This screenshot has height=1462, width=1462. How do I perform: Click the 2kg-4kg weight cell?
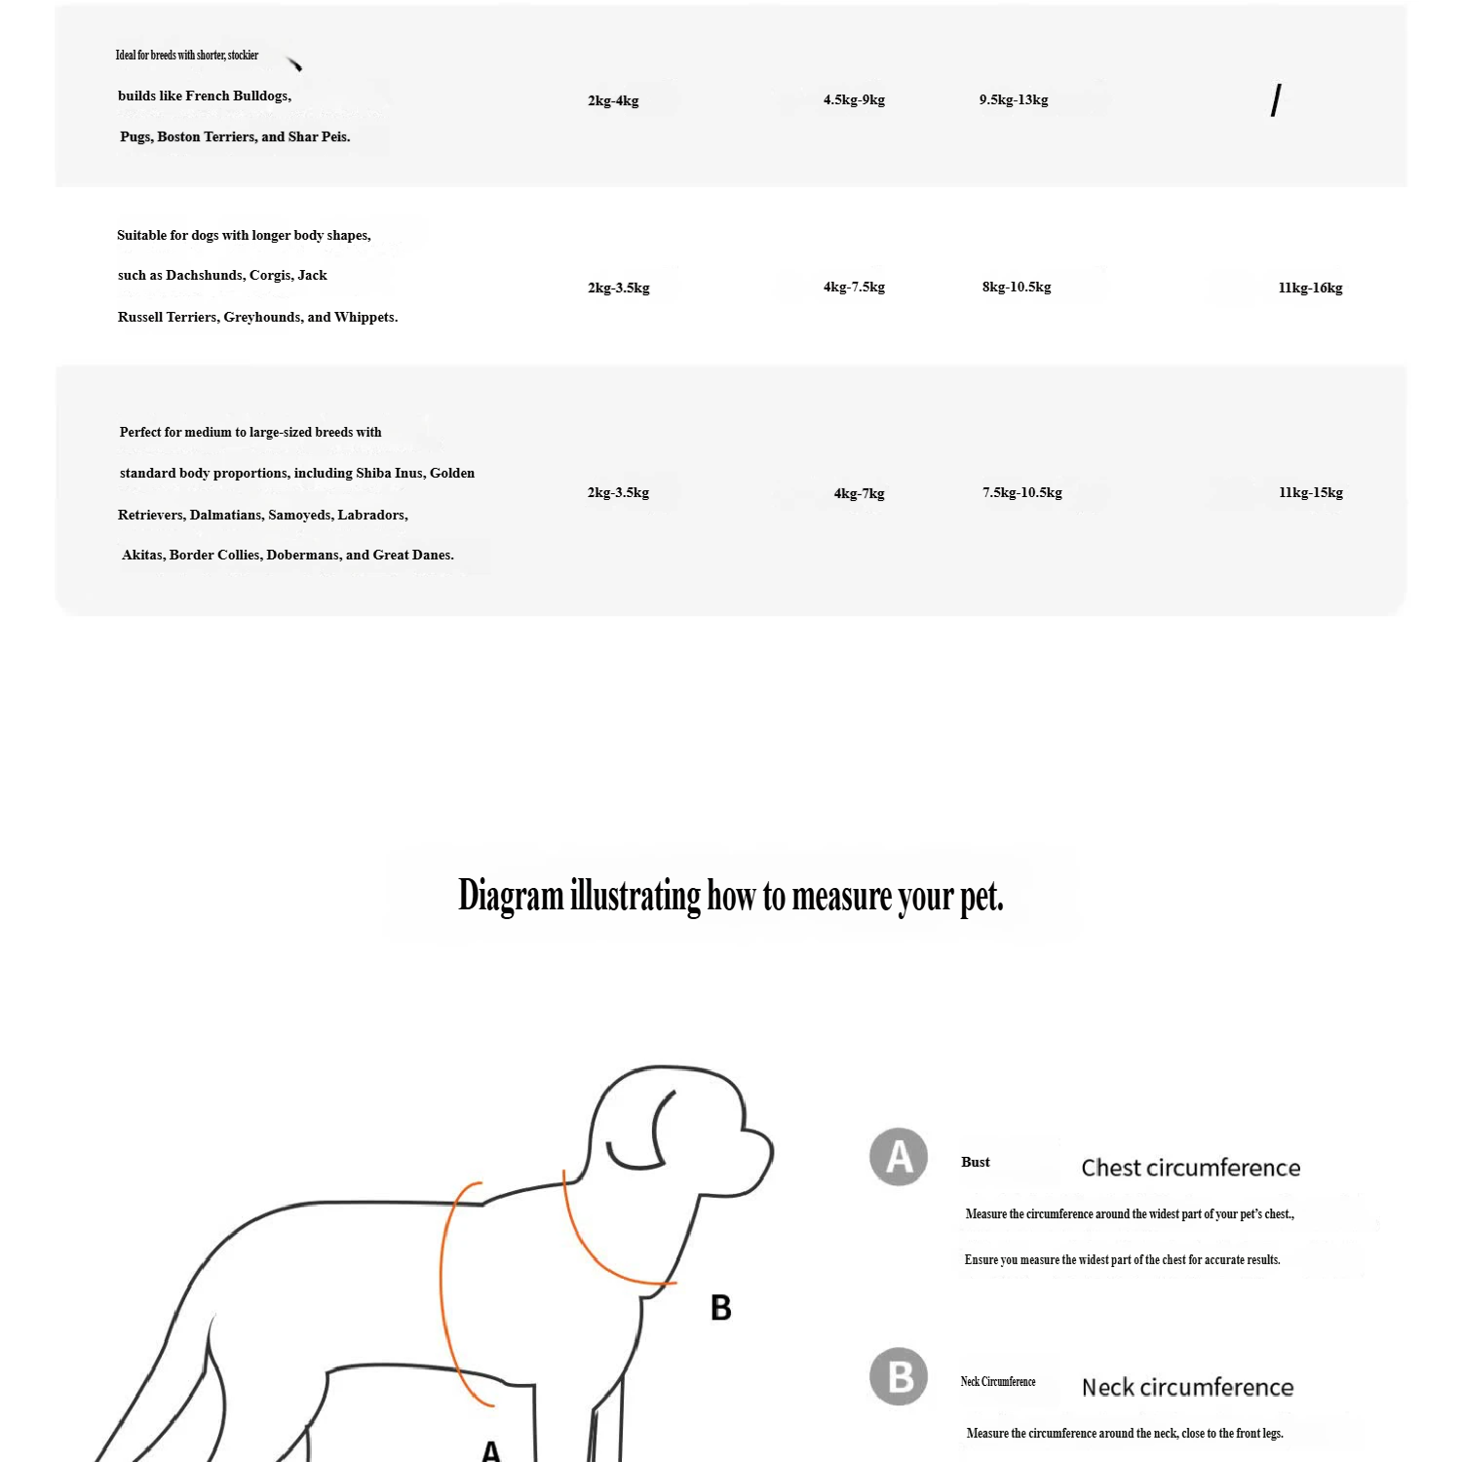pyautogui.click(x=613, y=100)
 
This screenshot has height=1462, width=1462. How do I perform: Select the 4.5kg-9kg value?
pyautogui.click(x=854, y=99)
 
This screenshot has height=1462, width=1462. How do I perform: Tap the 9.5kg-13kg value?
pyautogui.click(x=1014, y=99)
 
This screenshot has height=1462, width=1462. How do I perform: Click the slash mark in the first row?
pyautogui.click(x=1276, y=100)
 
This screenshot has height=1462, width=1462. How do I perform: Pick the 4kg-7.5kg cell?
pyautogui.click(x=854, y=287)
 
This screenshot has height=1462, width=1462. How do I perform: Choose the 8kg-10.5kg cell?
pyautogui.click(x=1017, y=287)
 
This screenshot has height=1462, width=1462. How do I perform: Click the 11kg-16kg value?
pyautogui.click(x=1310, y=288)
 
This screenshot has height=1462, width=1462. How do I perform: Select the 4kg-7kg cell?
pyautogui.click(x=859, y=493)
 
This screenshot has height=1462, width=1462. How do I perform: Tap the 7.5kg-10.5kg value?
pyautogui.click(x=1022, y=492)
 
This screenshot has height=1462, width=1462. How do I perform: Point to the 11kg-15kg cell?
pyautogui.click(x=1311, y=492)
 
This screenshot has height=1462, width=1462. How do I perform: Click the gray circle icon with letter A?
pyautogui.click(x=899, y=1157)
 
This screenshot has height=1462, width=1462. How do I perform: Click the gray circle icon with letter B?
pyautogui.click(x=899, y=1376)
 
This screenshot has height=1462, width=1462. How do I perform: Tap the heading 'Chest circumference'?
pyautogui.click(x=1190, y=1168)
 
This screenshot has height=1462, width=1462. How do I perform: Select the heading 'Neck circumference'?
pyautogui.click(x=1187, y=1387)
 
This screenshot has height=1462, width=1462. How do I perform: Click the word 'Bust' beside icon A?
pyautogui.click(x=975, y=1162)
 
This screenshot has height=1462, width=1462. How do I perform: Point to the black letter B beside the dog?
pyautogui.click(x=721, y=1308)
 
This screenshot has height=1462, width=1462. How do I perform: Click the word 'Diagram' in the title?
pyautogui.click(x=511, y=896)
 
